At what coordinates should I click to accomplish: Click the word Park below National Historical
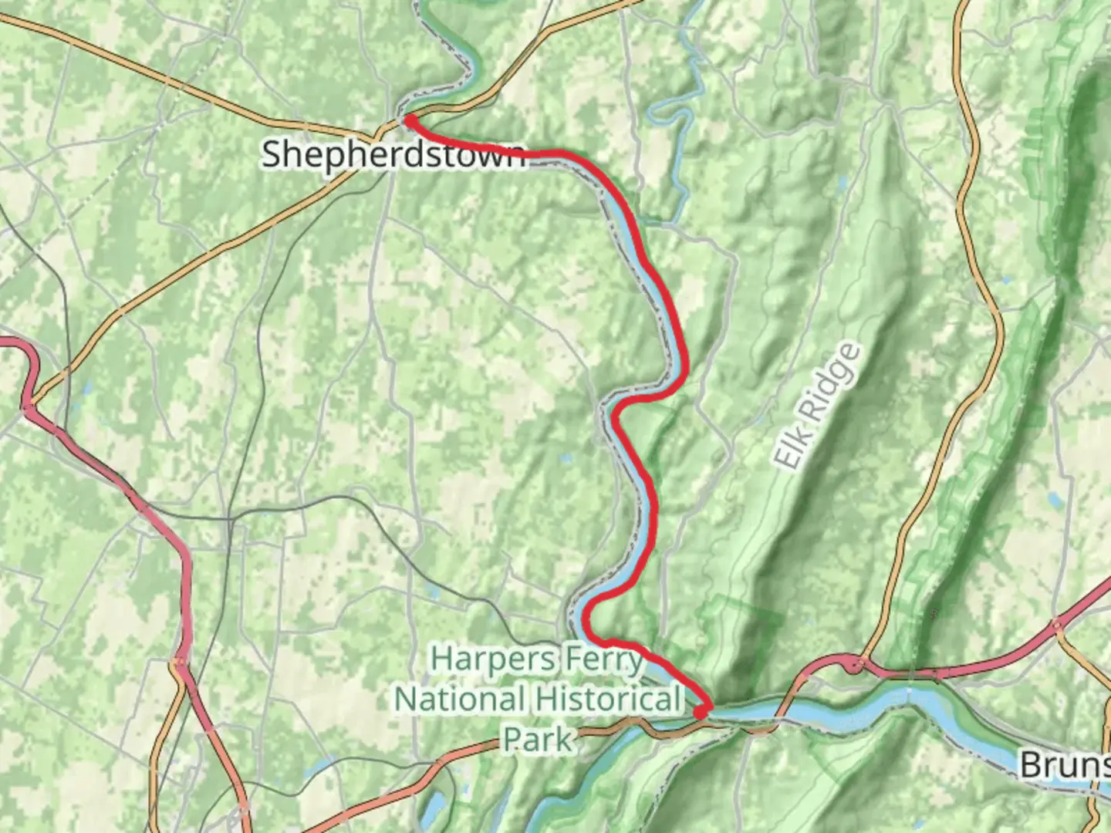point(539,739)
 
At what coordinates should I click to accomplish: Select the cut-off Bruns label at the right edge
point(1065,764)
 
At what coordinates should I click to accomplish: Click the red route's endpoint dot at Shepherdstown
point(410,120)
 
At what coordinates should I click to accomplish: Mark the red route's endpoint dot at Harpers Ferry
point(701,713)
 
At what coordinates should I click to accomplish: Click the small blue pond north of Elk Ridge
point(841,184)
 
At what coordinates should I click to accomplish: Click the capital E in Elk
point(785,459)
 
